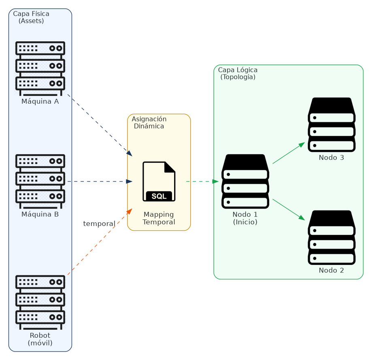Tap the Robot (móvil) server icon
pyautogui.click(x=40, y=302)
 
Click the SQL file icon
pyautogui.click(x=159, y=181)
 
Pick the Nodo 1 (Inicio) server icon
pyautogui.click(x=245, y=181)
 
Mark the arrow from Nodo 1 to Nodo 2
pyautogui.click(x=288, y=209)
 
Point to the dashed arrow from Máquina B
pyautogui.click(x=99, y=181)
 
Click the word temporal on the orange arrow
pyautogui.click(x=99, y=224)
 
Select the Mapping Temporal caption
pyautogui.click(x=159, y=218)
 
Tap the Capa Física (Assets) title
pyautogui.click(x=31, y=17)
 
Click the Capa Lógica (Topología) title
pyautogui.click(x=238, y=73)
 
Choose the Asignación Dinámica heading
pyautogui.click(x=149, y=122)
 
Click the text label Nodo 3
pyautogui.click(x=331, y=158)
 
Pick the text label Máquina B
pyautogui.click(x=40, y=214)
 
